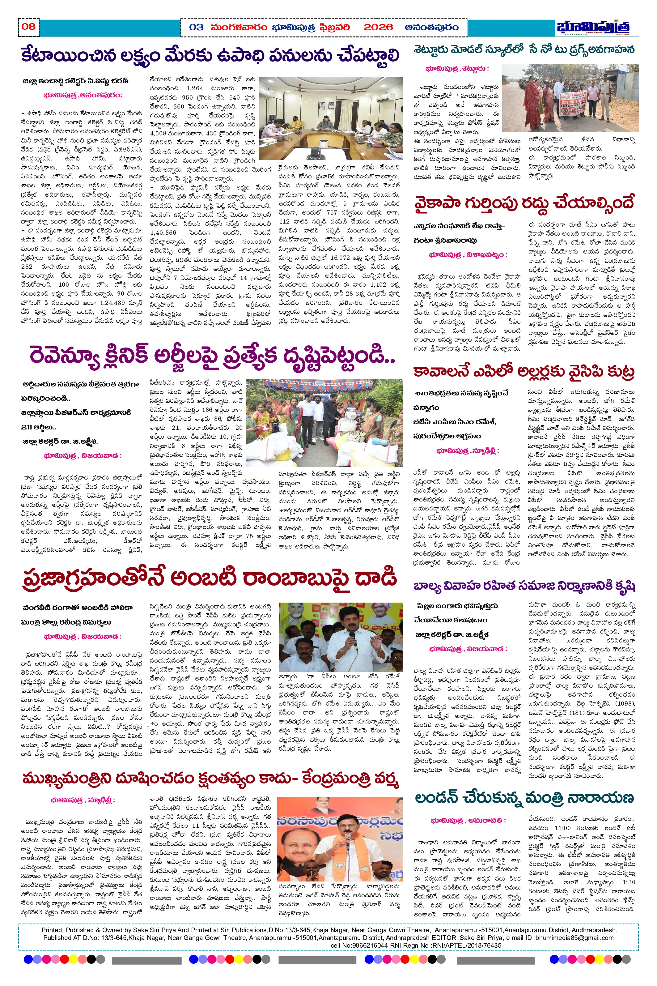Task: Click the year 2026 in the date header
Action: click(x=378, y=28)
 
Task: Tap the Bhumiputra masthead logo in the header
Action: click(x=592, y=27)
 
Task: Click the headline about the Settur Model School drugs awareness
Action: click(x=524, y=50)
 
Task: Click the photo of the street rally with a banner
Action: click(x=570, y=98)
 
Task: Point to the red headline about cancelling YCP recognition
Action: click(x=524, y=204)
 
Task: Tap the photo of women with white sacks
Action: click(x=324, y=423)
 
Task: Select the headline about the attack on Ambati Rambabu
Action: click(x=210, y=578)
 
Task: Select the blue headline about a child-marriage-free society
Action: click(x=524, y=586)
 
